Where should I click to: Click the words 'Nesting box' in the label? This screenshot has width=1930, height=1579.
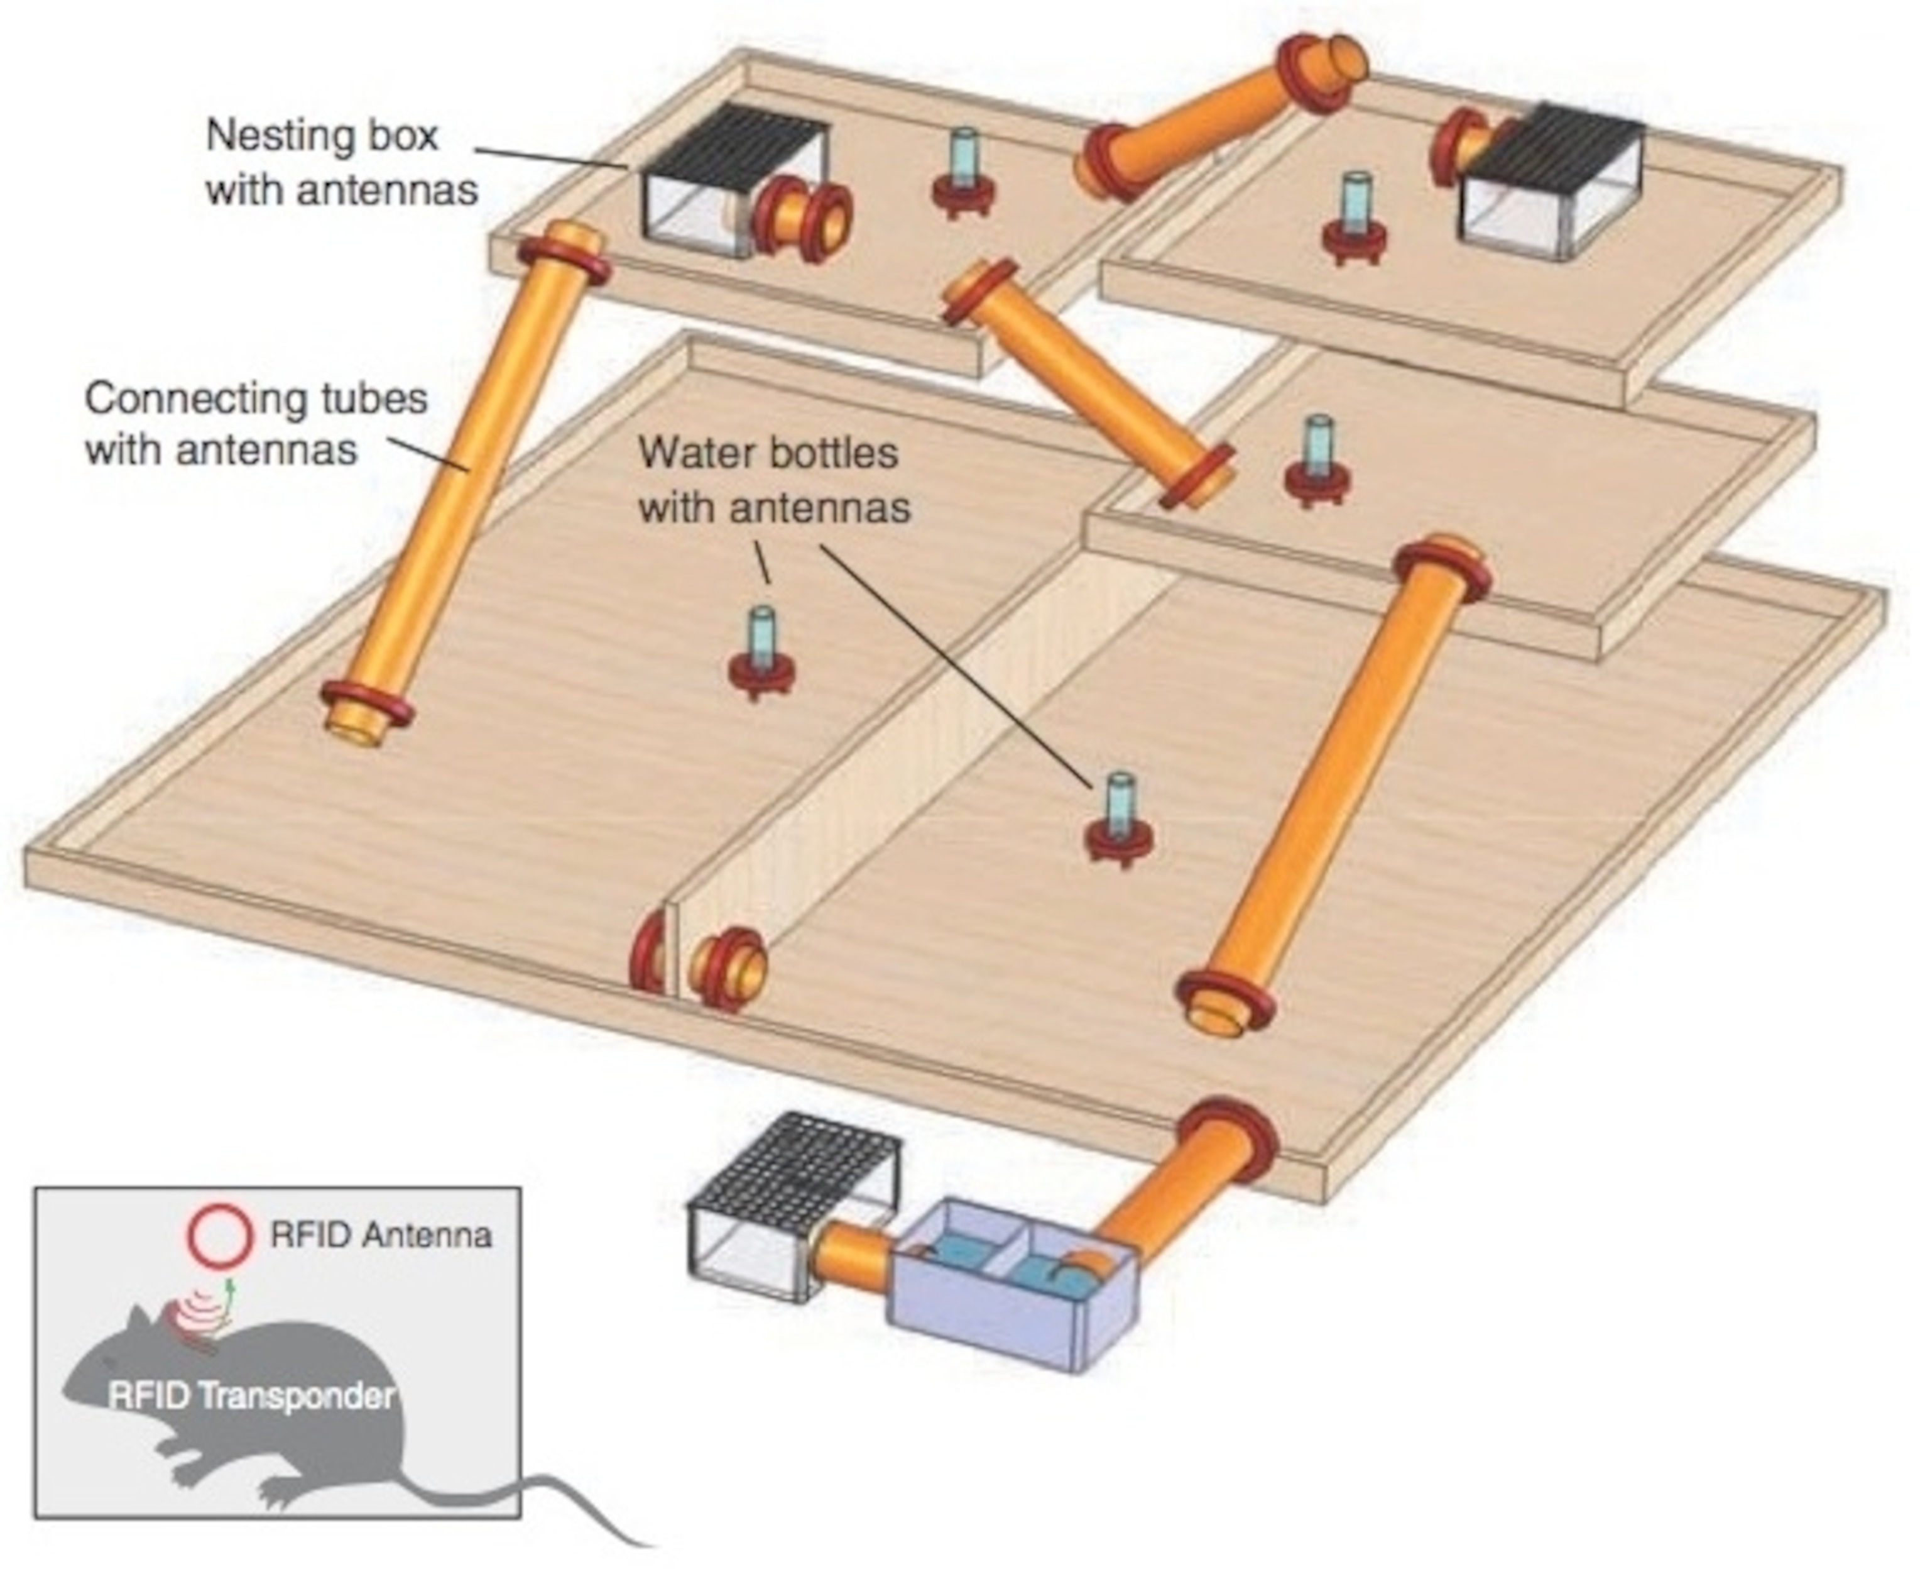tap(322, 136)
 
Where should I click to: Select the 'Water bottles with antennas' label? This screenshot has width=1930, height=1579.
tap(773, 480)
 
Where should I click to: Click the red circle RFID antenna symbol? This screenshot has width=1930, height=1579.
tap(219, 1235)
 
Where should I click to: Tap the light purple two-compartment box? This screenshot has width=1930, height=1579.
tap(1013, 1282)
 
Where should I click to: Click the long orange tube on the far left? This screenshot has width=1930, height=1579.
tap(464, 482)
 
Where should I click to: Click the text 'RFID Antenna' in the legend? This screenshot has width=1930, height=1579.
tap(380, 1235)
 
